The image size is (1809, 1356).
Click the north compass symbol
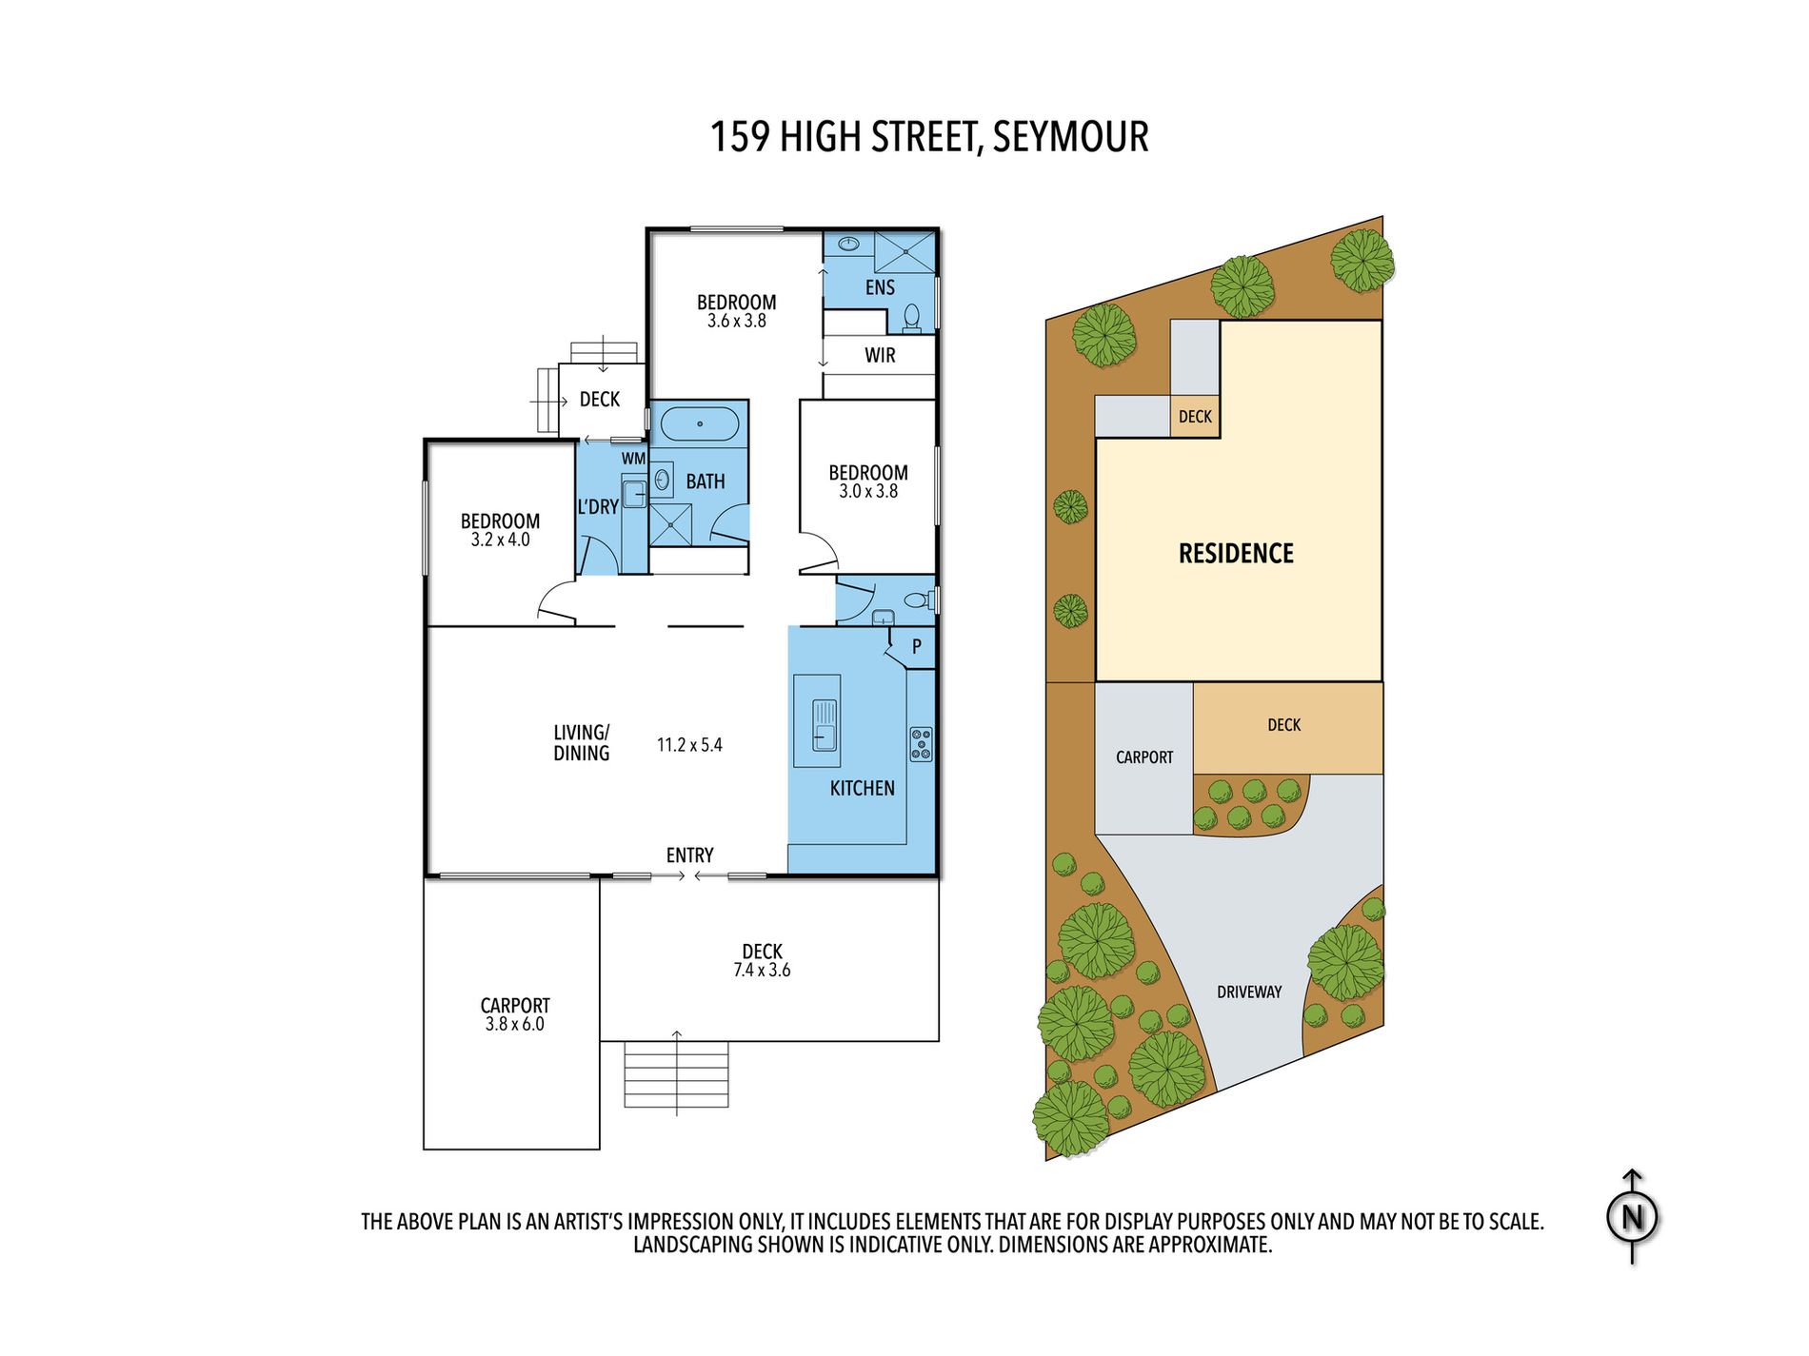pos(1632,1217)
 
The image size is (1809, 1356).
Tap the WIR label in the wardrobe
pos(880,356)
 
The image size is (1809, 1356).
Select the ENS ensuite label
pos(880,287)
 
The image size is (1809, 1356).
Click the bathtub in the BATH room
pos(700,424)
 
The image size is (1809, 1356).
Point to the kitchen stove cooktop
pos(921,744)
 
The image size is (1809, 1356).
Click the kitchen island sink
pos(825,724)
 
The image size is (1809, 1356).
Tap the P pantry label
pos(916,647)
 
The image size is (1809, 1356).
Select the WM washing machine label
pos(633,459)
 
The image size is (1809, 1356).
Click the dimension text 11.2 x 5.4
pos(689,745)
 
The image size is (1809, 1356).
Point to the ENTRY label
pos(689,855)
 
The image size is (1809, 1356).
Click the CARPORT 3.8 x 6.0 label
pos(514,1014)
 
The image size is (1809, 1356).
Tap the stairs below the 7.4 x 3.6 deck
pos(676,1075)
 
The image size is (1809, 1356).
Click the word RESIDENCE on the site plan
pos(1236,554)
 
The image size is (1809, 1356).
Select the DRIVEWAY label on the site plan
pos(1249,992)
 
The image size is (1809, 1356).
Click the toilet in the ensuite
pos(912,317)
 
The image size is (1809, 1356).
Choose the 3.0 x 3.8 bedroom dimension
pos(867,492)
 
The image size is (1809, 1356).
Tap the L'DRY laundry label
pos(598,507)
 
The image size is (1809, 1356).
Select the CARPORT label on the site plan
pos(1144,757)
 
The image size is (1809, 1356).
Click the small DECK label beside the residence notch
pos(1195,417)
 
